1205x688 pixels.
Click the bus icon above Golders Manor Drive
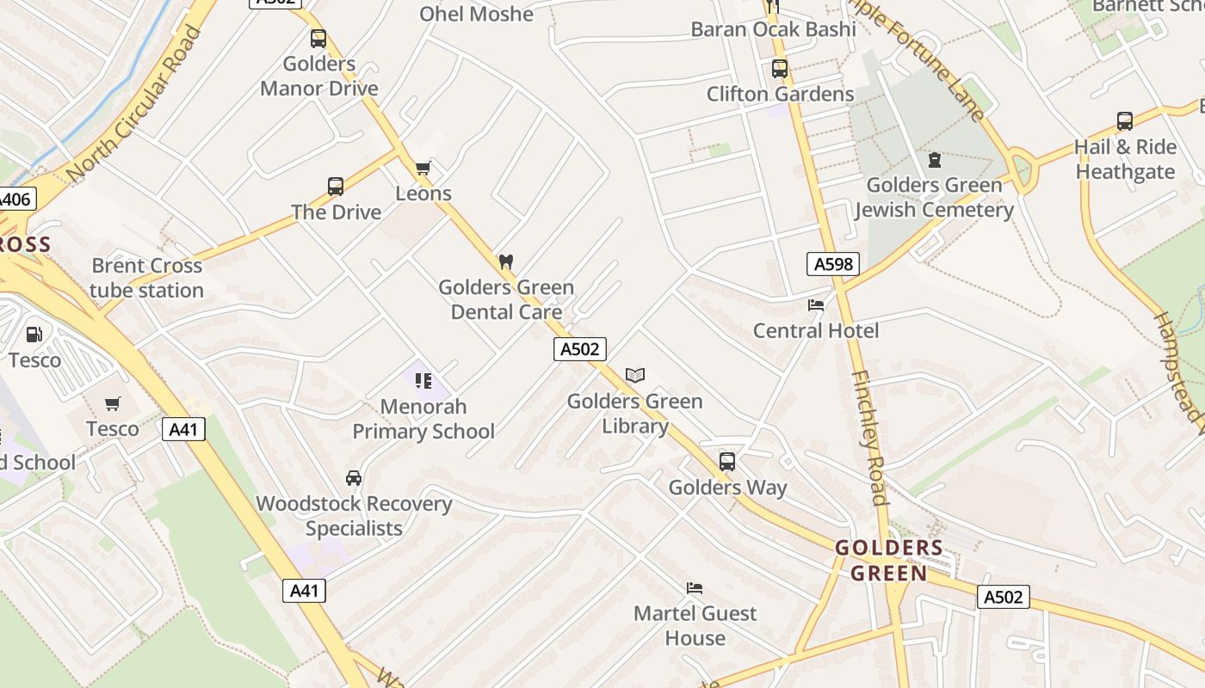pyautogui.click(x=318, y=39)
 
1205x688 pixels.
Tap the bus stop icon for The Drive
pyautogui.click(x=336, y=187)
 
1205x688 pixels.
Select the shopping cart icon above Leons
pyautogui.click(x=423, y=168)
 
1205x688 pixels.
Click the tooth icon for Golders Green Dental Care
pyautogui.click(x=506, y=261)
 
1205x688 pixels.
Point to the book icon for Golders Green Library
pyautogui.click(x=635, y=376)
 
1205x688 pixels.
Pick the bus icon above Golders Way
pyautogui.click(x=727, y=462)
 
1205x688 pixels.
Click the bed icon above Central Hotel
pyautogui.click(x=816, y=304)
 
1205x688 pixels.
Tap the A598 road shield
pyautogui.click(x=833, y=264)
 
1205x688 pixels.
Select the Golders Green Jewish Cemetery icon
pyautogui.click(x=934, y=160)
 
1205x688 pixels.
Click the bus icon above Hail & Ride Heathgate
pyautogui.click(x=1124, y=121)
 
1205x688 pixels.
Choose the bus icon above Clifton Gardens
pyautogui.click(x=780, y=69)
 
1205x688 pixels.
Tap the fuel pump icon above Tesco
pyautogui.click(x=34, y=335)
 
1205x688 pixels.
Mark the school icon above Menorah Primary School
pyautogui.click(x=423, y=380)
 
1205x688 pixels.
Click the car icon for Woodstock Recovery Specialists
pyautogui.click(x=354, y=478)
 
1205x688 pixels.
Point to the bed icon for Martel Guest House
pyautogui.click(x=695, y=588)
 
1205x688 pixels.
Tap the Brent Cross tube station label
pyautogui.click(x=146, y=278)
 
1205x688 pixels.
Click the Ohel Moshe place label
pyautogui.click(x=476, y=14)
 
